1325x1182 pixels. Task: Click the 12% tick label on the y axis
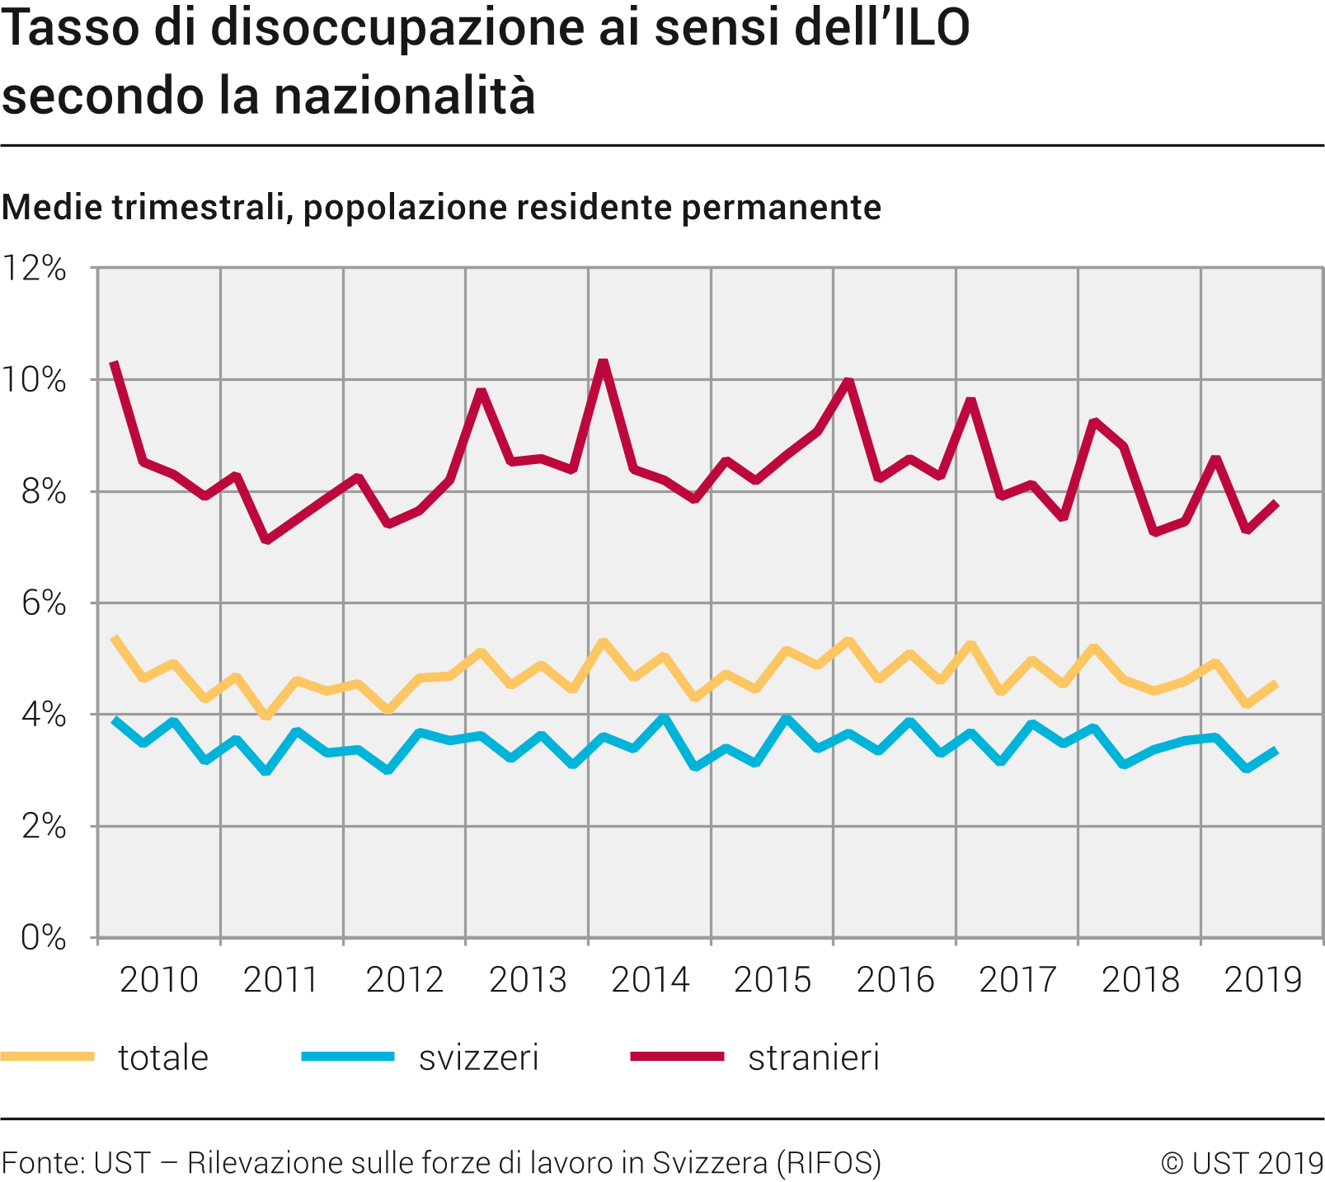point(35,269)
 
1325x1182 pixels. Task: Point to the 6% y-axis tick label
point(43,603)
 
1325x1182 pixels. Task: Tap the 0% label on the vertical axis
point(43,938)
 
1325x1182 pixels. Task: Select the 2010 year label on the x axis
point(159,980)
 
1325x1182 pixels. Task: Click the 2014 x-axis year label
point(650,980)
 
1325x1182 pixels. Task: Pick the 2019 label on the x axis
point(1262,980)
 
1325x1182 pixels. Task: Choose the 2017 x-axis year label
point(1017,980)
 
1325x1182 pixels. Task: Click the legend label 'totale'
point(163,1058)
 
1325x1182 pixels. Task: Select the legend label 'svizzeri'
point(478,1058)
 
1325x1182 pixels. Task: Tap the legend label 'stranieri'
point(814,1058)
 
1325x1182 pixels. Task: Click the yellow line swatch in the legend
point(48,1056)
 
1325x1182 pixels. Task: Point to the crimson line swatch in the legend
point(677,1056)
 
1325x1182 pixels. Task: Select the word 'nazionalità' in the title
point(405,96)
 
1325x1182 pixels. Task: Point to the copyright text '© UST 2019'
point(1242,1162)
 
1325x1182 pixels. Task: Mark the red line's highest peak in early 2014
point(604,363)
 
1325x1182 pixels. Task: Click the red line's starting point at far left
point(114,363)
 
